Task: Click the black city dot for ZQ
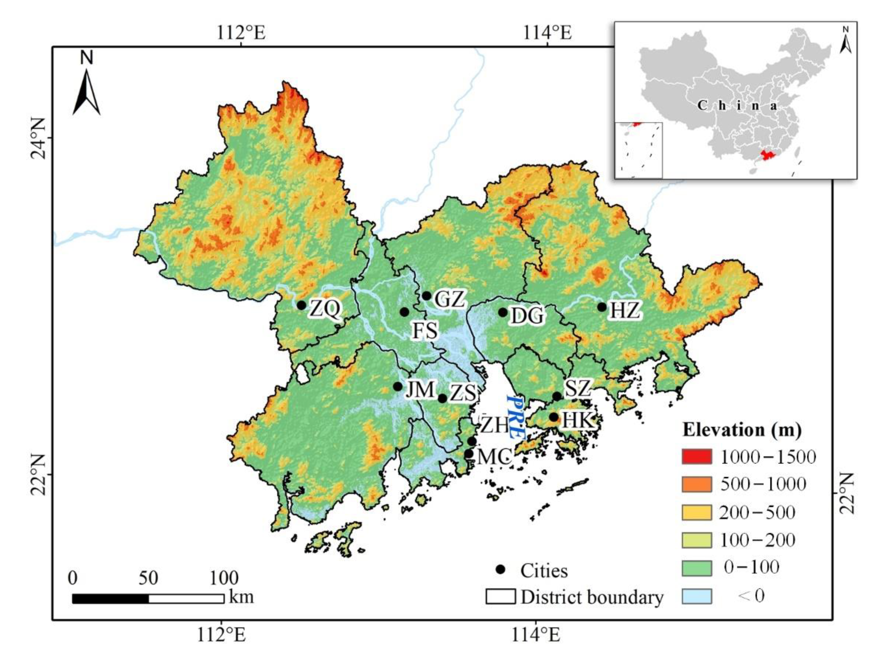pyautogui.click(x=301, y=305)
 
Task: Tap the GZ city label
pyautogui.click(x=449, y=299)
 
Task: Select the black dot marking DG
pyautogui.click(x=503, y=312)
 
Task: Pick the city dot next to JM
pyautogui.click(x=398, y=386)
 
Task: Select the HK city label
pyautogui.click(x=578, y=420)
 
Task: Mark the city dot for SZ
pyautogui.click(x=557, y=396)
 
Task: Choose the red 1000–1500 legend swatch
pyautogui.click(x=697, y=457)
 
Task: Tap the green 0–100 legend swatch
pyautogui.click(x=697, y=567)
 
